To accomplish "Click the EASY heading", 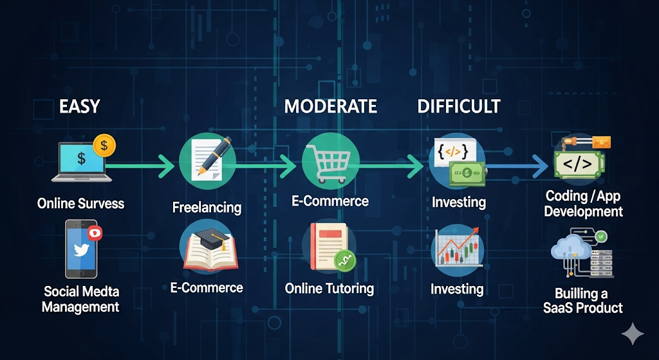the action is point(79,106).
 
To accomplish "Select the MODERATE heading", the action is point(330,106).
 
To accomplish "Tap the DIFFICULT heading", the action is point(459,106).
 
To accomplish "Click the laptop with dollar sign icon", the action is point(82,162).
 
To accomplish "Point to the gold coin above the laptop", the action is point(104,146).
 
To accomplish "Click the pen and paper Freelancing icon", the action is point(208,158).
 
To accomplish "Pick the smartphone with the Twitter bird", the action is point(81,249).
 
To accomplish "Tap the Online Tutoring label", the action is point(329,289).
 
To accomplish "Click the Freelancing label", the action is point(207,207).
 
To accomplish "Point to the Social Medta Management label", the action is point(80,299).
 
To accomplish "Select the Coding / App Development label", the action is point(583,203).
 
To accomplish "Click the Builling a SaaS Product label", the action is point(582,300).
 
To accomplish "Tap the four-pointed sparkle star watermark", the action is point(633,334).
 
